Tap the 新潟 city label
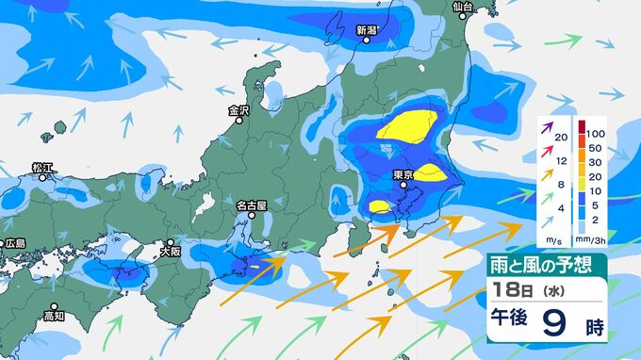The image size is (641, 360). (367, 31)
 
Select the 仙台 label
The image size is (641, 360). (462, 7)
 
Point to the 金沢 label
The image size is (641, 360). (238, 110)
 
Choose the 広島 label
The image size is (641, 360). (14, 243)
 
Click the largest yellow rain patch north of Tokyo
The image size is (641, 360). (409, 126)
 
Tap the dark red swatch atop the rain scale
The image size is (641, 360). (582, 127)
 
